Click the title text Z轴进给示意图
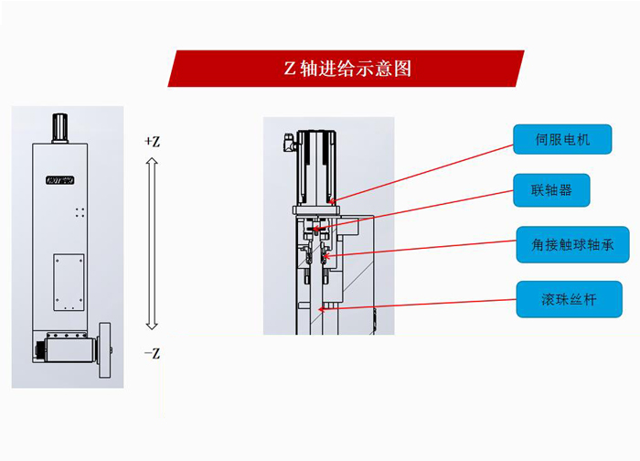pos(346,69)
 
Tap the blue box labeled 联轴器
pos(549,190)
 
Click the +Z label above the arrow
pos(152,142)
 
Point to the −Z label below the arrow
pos(152,353)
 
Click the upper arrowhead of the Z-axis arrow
pos(153,162)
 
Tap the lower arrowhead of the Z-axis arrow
pos(153,326)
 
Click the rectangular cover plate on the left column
pos(68,283)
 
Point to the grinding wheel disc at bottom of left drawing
pos(105,352)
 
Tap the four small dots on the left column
pos(80,211)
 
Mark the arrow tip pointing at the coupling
pos(315,229)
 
